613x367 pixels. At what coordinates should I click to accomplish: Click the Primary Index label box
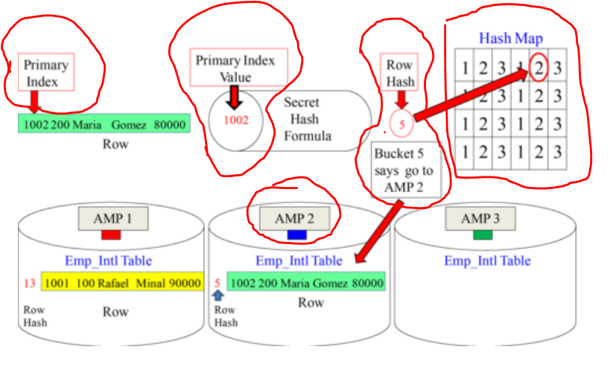46,72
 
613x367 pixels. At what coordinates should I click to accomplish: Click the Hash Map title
510,38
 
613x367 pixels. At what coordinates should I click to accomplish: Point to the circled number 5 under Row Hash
401,124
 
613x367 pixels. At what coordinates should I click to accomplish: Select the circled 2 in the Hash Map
540,68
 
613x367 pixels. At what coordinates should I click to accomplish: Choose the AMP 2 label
294,218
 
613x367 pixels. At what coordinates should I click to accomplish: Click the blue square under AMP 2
295,235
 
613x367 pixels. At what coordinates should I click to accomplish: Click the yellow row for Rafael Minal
123,283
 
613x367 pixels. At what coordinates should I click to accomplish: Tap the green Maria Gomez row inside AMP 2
306,283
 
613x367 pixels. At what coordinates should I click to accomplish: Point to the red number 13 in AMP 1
29,283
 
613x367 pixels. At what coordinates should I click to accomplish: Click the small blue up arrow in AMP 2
218,296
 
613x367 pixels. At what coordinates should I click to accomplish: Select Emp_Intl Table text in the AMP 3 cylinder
487,261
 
